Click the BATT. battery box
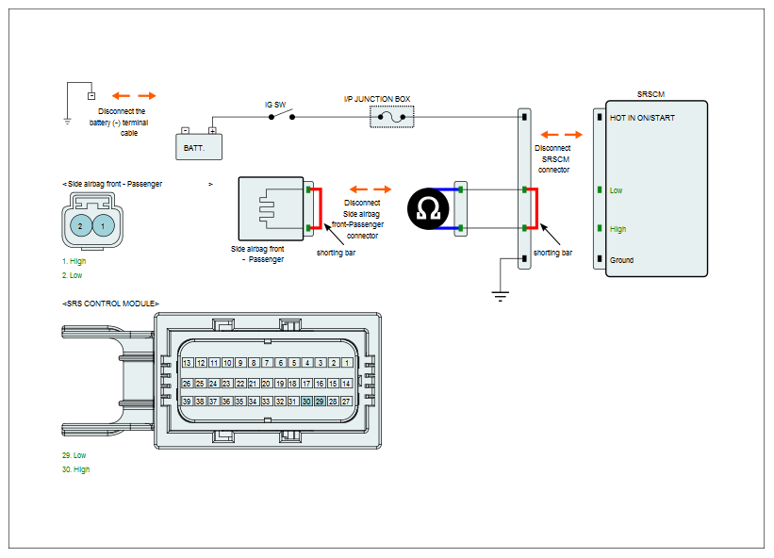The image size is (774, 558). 199,146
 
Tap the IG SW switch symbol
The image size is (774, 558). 281,115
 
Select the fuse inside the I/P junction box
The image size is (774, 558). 392,117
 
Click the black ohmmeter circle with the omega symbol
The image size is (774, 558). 428,208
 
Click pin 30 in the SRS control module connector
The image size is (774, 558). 306,402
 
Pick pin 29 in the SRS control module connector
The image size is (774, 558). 320,402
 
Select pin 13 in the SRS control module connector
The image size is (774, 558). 187,363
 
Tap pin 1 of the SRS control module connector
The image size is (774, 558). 347,363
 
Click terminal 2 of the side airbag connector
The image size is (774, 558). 80,226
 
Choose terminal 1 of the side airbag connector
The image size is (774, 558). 103,226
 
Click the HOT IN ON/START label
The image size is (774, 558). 642,118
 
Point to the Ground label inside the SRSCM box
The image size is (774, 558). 621,260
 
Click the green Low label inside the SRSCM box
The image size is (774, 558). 616,190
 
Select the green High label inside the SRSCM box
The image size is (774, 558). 618,229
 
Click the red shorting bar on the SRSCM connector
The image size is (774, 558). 536,208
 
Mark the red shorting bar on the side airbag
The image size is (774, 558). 321,208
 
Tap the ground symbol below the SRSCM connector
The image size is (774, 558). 500,296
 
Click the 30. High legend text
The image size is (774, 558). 76,469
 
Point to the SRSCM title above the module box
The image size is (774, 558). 650,94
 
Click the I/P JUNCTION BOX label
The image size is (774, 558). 377,99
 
